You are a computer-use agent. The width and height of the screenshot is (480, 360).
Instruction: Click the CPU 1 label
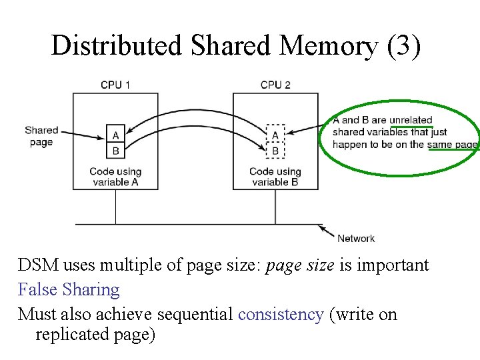tap(115, 85)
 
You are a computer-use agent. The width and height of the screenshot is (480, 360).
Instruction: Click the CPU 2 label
tap(275, 85)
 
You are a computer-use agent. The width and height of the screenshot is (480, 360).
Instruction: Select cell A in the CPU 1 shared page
tap(115, 135)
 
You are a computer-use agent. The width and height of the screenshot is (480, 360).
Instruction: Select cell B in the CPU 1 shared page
tap(115, 150)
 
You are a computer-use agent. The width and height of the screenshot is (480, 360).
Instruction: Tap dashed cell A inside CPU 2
tap(275, 135)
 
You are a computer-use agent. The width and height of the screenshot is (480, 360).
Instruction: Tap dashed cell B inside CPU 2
tap(275, 151)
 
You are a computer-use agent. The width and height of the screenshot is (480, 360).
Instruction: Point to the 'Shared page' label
tap(41, 136)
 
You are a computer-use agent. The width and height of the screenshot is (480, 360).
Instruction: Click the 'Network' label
tap(356, 238)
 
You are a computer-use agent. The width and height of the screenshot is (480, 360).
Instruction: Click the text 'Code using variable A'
tap(115, 177)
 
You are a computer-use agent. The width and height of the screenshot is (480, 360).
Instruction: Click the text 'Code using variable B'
tap(275, 177)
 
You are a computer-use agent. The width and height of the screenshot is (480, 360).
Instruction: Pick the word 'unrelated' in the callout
tap(411, 120)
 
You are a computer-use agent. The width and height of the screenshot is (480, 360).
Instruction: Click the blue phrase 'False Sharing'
tap(69, 289)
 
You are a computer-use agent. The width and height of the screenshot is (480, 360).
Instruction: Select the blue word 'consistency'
tap(281, 314)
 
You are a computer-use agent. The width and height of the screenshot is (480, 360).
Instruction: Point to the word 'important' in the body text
tap(393, 265)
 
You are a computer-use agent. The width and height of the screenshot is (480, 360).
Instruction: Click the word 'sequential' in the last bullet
tap(201, 314)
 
